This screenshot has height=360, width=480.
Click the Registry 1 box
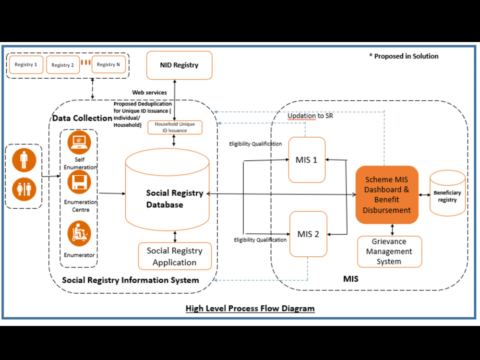click(x=26, y=65)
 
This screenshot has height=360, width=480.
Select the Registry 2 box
click(x=63, y=65)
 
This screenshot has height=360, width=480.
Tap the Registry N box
click(x=108, y=64)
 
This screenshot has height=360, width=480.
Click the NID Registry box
click(x=179, y=65)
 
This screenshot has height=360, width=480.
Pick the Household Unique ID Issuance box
click(x=175, y=127)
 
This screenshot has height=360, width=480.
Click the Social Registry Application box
click(x=175, y=256)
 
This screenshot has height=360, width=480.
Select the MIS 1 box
click(x=307, y=160)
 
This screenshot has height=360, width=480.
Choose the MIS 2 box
click(x=308, y=234)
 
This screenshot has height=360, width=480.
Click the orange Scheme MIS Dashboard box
click(x=387, y=195)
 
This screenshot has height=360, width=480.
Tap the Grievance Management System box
click(x=389, y=252)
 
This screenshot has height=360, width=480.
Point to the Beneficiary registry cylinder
click(x=447, y=193)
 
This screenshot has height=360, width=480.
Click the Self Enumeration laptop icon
click(x=79, y=143)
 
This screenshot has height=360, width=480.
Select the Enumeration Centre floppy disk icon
click(x=79, y=182)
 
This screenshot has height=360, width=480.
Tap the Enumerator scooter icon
click(x=79, y=234)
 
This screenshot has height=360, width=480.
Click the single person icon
click(x=24, y=160)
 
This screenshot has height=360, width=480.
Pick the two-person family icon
click(x=24, y=189)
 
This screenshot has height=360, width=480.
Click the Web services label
click(x=149, y=93)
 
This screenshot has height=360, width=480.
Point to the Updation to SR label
click(x=310, y=116)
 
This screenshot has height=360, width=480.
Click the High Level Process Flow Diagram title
click(x=250, y=308)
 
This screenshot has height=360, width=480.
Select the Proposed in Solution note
click(x=404, y=56)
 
